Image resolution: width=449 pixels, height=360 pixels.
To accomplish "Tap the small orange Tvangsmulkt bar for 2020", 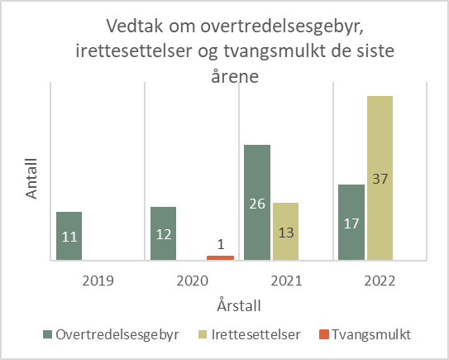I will (x=220, y=257).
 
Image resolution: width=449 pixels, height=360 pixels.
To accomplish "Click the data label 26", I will (x=257, y=203).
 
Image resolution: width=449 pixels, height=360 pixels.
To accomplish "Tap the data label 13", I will (x=285, y=234).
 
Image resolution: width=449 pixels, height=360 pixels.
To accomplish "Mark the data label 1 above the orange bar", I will (x=220, y=244).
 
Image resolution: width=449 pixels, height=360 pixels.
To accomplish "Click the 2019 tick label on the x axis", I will (x=98, y=280).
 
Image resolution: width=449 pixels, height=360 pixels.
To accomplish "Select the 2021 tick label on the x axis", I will (x=285, y=280).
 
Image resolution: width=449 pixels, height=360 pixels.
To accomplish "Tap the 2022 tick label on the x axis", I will (x=380, y=280).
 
